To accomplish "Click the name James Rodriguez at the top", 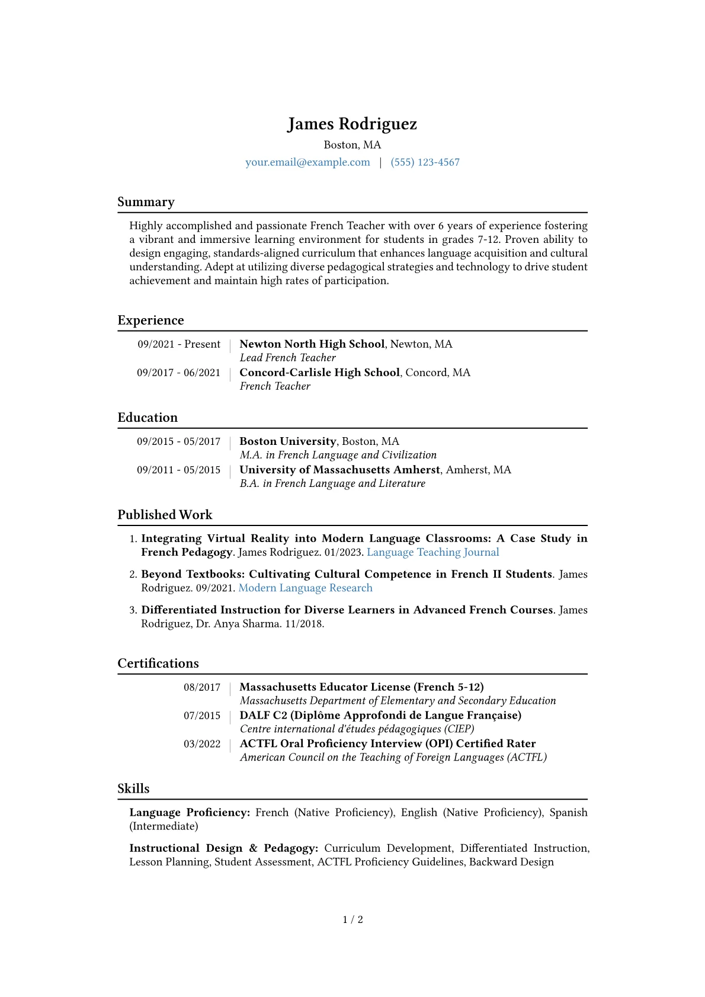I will (x=352, y=124).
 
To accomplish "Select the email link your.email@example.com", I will (x=307, y=162).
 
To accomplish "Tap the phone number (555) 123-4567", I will (x=425, y=162).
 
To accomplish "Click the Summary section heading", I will (x=146, y=202).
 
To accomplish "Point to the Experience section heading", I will (x=150, y=320).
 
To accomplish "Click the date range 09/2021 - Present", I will (x=179, y=344).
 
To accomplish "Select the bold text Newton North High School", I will (x=312, y=344).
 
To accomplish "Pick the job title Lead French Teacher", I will (x=287, y=358).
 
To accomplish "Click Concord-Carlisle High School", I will (x=319, y=373).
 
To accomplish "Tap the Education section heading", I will (x=148, y=418).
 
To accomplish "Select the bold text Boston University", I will (x=287, y=441).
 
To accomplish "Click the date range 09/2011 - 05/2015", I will (x=178, y=470).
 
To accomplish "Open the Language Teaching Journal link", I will (x=432, y=552).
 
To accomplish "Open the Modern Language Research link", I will (x=305, y=588).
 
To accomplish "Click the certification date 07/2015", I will (x=201, y=716).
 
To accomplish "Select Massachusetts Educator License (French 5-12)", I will (x=361, y=687).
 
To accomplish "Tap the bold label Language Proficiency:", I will (x=190, y=813).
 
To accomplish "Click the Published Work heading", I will (x=165, y=515).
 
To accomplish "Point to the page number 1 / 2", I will (x=352, y=919).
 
